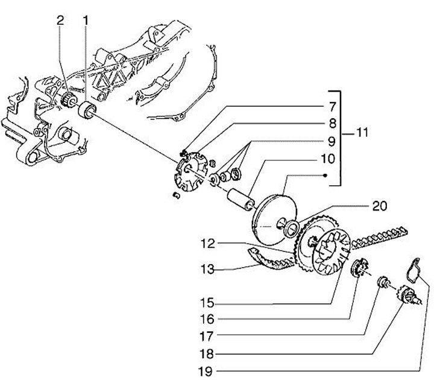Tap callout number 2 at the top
coord(60,20)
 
